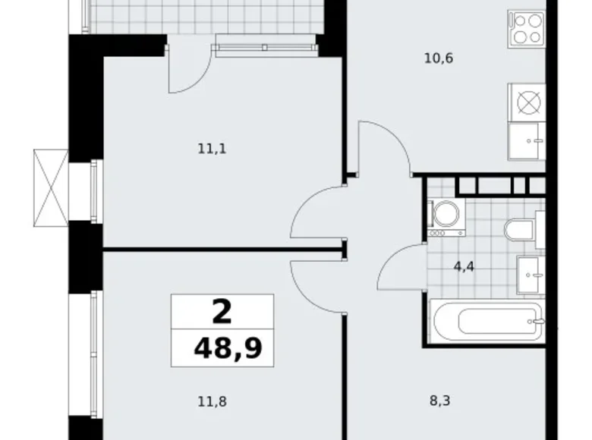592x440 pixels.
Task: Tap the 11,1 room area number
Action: (x=213, y=149)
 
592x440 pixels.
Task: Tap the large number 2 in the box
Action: (x=222, y=310)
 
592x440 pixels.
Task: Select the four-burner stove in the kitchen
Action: (x=525, y=30)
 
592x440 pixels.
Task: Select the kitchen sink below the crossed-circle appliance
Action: (x=526, y=140)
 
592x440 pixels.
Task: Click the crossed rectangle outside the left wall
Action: (x=51, y=187)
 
